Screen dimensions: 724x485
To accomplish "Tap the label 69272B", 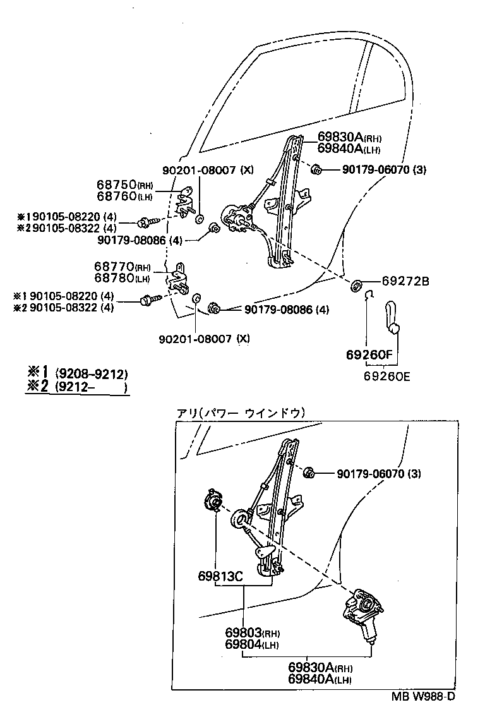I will click(405, 282).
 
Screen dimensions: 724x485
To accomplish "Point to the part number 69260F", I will click(369, 356).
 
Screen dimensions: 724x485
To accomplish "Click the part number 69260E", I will click(386, 377).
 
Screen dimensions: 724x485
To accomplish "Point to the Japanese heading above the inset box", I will click(241, 413).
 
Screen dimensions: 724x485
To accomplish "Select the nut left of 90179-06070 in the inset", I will click(310, 473).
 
